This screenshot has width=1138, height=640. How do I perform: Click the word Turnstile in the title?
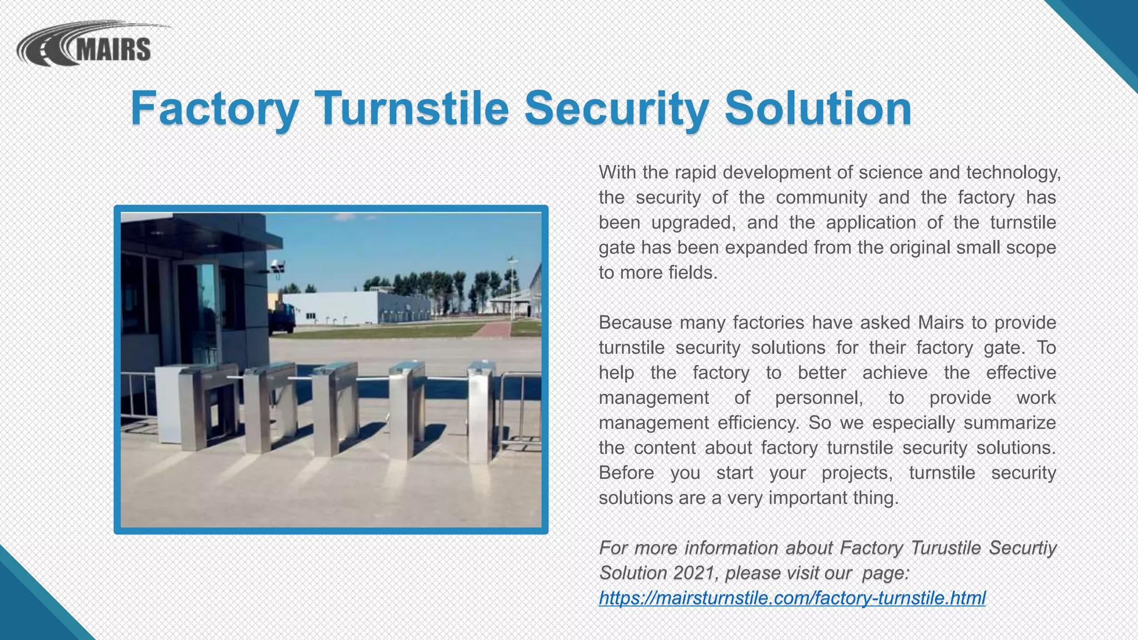point(412,108)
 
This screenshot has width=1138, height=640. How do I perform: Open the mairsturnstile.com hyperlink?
point(792,598)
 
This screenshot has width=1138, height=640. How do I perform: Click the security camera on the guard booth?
point(277,267)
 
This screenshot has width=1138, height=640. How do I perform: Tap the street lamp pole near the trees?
point(511,289)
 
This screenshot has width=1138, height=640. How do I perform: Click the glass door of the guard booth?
point(198,311)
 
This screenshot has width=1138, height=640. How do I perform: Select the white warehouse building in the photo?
point(356,308)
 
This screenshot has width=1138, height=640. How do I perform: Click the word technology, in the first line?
point(1014,173)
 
